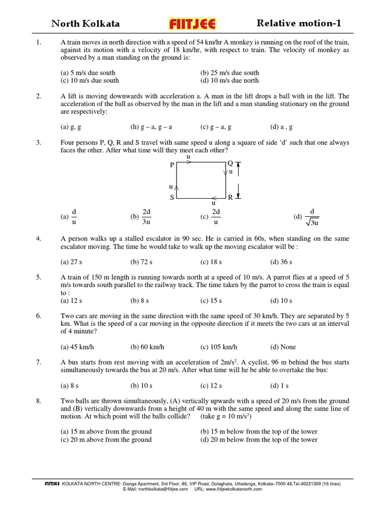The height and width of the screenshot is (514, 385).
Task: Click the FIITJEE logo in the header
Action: pyautogui.click(x=193, y=24)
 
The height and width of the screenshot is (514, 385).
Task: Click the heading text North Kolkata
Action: pyautogui.click(x=86, y=24)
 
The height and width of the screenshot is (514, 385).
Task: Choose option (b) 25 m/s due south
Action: pyautogui.click(x=230, y=73)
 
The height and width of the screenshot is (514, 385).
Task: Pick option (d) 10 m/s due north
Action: pyautogui.click(x=230, y=80)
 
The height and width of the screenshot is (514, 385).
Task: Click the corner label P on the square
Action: pyautogui.click(x=172, y=165)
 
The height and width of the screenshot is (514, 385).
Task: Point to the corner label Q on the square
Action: pyautogui.click(x=230, y=163)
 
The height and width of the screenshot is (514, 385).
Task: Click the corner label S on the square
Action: pyautogui.click(x=172, y=198)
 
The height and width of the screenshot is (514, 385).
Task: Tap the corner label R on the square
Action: pyautogui.click(x=230, y=198)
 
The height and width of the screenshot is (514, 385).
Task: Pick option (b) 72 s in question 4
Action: pyautogui.click(x=141, y=262)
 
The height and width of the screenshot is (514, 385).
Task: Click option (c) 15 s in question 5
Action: pyautogui.click(x=211, y=301)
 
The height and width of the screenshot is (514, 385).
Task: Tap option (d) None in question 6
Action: pyautogui.click(x=283, y=347)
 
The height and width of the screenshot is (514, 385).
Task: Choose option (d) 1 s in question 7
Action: pyautogui.click(x=279, y=385)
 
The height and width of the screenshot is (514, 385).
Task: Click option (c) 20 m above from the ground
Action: pyautogui.click(x=106, y=440)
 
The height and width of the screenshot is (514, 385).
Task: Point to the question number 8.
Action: pyautogui.click(x=39, y=401)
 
